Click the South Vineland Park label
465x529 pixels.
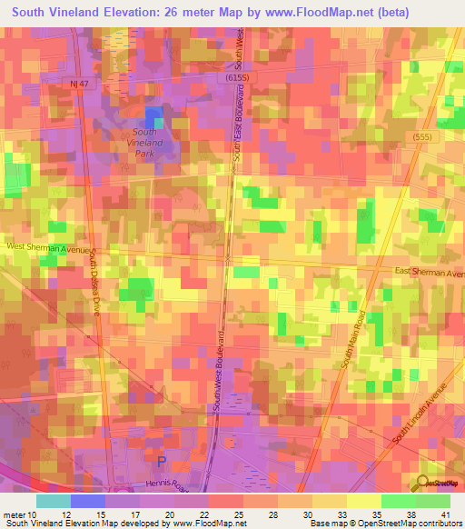143,144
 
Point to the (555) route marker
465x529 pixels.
419,135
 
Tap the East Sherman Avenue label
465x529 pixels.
428,272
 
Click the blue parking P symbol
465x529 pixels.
163,461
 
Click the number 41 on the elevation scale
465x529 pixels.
445,515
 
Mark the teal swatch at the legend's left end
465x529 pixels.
53,501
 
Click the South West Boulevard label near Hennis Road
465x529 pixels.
220,374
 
